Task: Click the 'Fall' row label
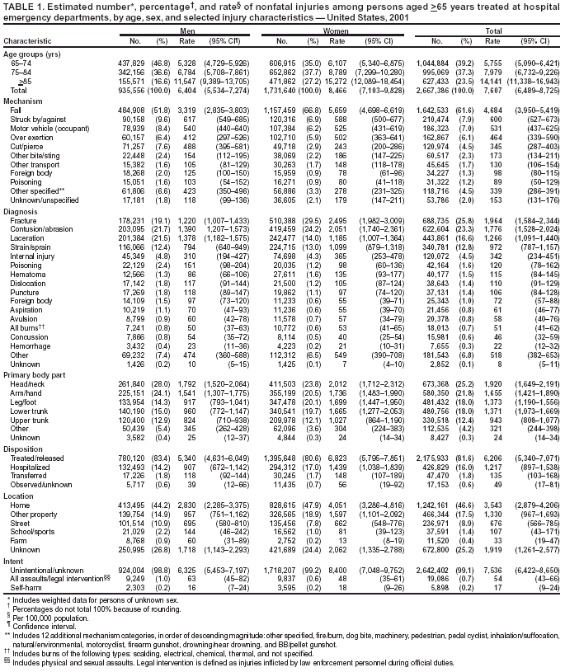(16, 110)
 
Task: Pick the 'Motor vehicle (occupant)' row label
(46, 128)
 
